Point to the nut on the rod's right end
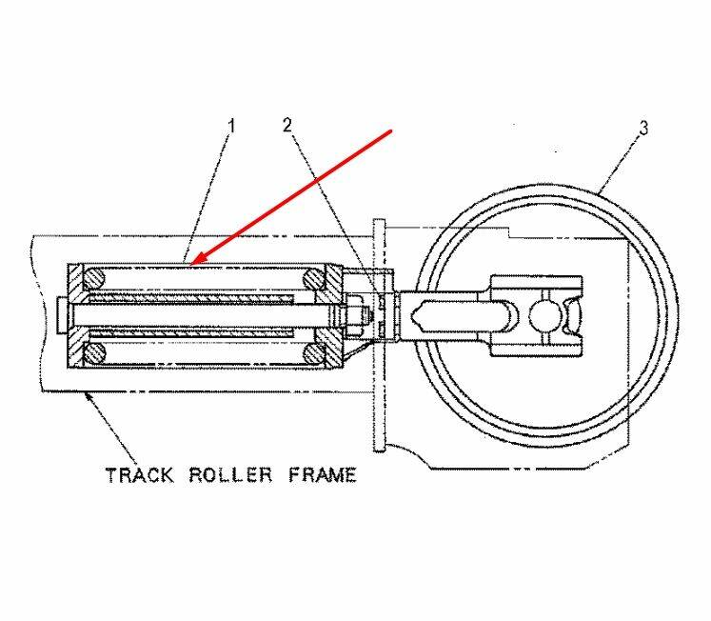tap(353, 315)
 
